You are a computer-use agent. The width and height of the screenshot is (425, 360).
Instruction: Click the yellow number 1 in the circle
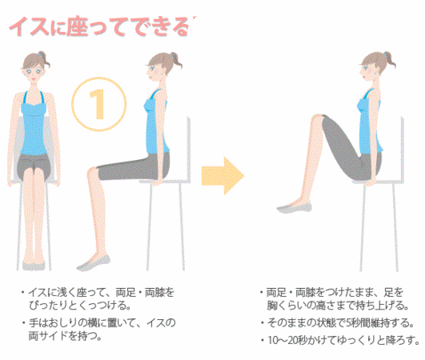(x=98, y=104)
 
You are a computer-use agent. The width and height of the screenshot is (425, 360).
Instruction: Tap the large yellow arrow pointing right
(x=223, y=176)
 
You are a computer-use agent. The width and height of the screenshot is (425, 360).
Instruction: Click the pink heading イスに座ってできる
(x=102, y=26)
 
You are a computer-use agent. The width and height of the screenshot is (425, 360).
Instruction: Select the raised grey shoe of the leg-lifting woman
(x=295, y=208)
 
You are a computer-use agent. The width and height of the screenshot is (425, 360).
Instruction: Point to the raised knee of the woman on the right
(x=317, y=120)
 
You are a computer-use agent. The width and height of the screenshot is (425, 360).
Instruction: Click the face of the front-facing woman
(x=33, y=71)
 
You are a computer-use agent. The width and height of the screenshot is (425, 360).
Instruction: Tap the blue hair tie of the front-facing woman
(x=41, y=54)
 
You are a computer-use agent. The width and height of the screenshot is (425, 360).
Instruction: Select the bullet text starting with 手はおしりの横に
(x=99, y=330)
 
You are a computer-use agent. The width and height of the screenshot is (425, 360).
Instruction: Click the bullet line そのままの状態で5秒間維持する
(x=337, y=323)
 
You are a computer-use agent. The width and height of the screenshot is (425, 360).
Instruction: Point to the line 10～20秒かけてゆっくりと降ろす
(x=340, y=340)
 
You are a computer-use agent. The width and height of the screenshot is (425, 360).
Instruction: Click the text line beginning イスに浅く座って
(x=98, y=293)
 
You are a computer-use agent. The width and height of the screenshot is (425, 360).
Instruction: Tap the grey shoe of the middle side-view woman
(x=94, y=263)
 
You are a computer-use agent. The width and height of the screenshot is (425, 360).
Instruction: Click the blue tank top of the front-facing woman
(x=34, y=123)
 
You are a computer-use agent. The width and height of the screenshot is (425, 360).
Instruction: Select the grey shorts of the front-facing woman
(x=34, y=166)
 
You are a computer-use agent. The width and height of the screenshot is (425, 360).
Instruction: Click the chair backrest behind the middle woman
(x=188, y=149)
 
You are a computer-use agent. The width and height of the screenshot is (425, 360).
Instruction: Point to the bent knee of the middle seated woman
(x=93, y=174)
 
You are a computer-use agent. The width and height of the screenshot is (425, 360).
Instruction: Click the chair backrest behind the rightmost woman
(x=403, y=150)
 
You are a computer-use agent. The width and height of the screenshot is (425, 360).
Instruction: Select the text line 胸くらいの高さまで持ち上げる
(x=338, y=306)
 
